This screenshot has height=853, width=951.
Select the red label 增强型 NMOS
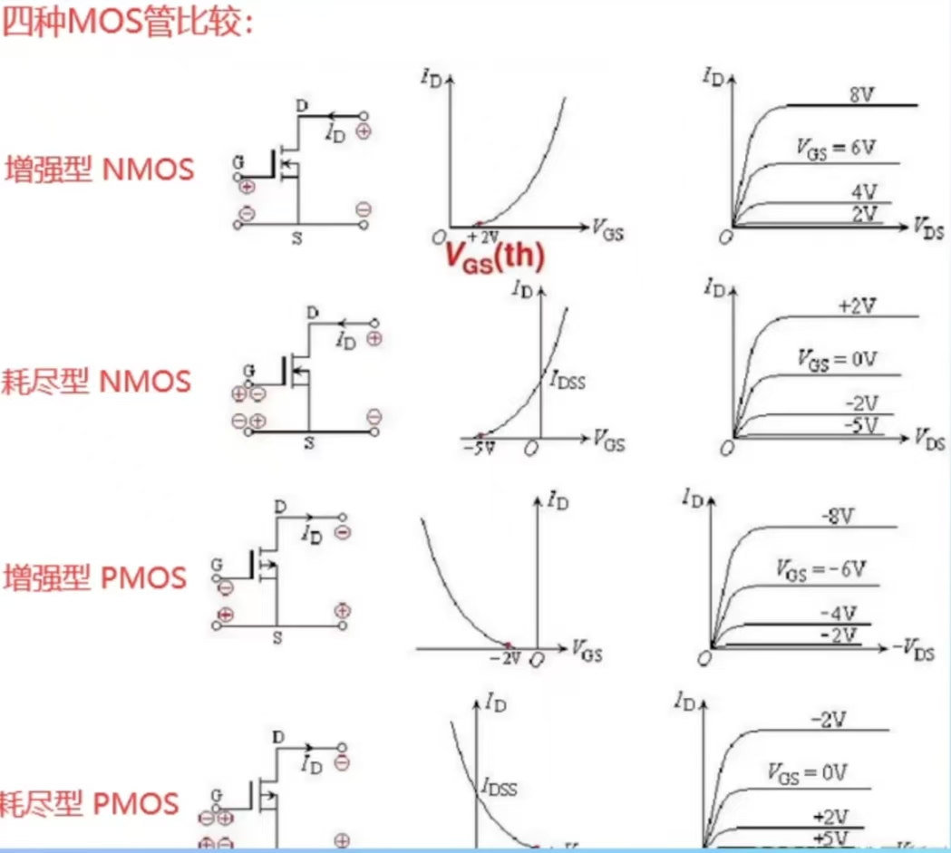(x=101, y=170)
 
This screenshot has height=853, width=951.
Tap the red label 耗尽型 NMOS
(x=97, y=382)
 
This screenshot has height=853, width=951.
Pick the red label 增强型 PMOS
(x=95, y=577)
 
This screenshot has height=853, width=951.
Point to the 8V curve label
(x=860, y=94)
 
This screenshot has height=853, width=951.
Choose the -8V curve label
(x=834, y=517)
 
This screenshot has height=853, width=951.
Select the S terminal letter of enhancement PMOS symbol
(x=277, y=638)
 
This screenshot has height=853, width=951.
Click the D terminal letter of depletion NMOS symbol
(x=313, y=313)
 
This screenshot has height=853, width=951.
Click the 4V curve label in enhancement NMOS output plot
(x=863, y=191)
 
